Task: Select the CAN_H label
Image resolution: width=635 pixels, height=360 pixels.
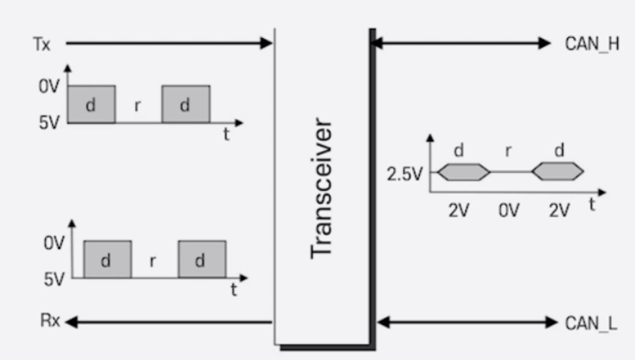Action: click(591, 44)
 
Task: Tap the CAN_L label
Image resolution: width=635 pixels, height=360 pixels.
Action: click(591, 323)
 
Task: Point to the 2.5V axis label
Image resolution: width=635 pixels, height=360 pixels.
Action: click(404, 174)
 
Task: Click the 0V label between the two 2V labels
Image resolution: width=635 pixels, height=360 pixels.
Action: click(510, 210)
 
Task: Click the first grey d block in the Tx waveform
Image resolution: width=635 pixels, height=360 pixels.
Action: click(91, 104)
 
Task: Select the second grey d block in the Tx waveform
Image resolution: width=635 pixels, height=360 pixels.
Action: click(185, 104)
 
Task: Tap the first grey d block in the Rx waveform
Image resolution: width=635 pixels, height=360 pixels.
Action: click(107, 259)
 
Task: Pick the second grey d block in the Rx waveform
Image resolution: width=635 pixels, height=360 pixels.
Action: click(201, 259)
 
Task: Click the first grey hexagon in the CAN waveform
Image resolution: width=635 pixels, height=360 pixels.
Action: click(464, 173)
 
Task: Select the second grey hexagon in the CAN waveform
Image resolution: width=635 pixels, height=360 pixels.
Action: click(557, 173)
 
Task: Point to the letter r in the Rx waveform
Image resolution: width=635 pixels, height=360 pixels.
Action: click(154, 261)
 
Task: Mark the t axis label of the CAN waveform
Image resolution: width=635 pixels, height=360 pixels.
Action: click(592, 205)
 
